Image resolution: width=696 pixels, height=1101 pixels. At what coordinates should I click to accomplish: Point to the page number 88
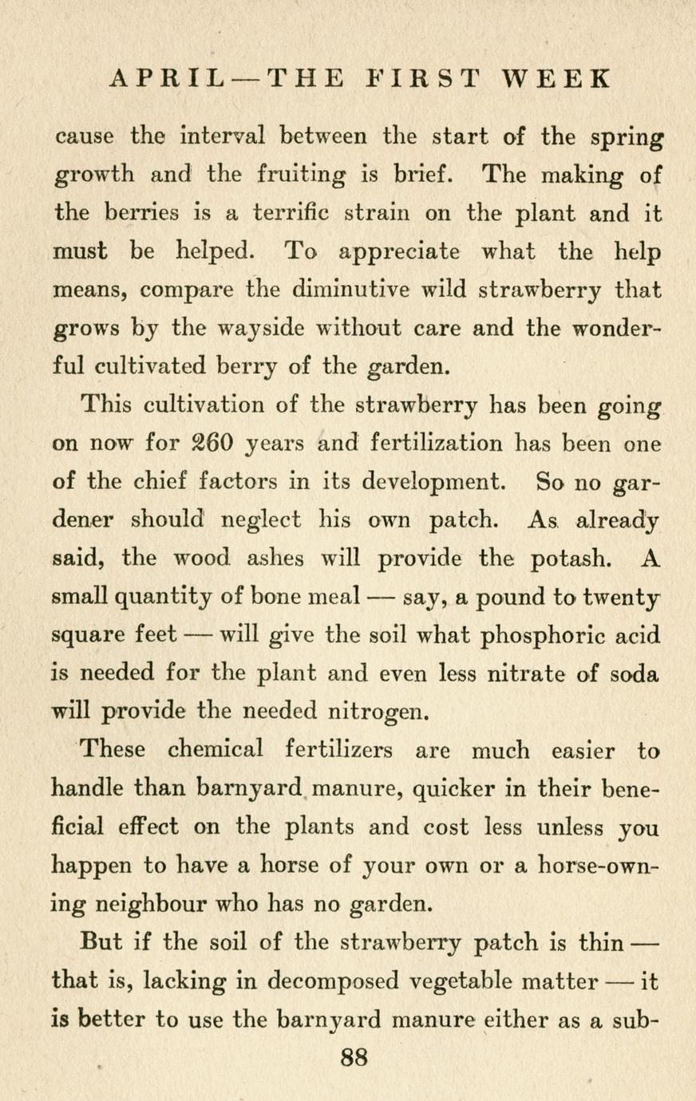[354, 1058]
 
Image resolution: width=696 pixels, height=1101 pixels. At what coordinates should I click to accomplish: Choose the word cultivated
[152, 367]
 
